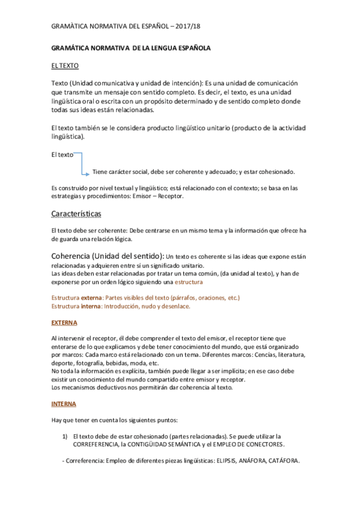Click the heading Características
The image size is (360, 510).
point(76,214)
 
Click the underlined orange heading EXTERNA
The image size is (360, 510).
point(64,322)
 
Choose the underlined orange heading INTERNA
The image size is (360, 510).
point(64,404)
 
